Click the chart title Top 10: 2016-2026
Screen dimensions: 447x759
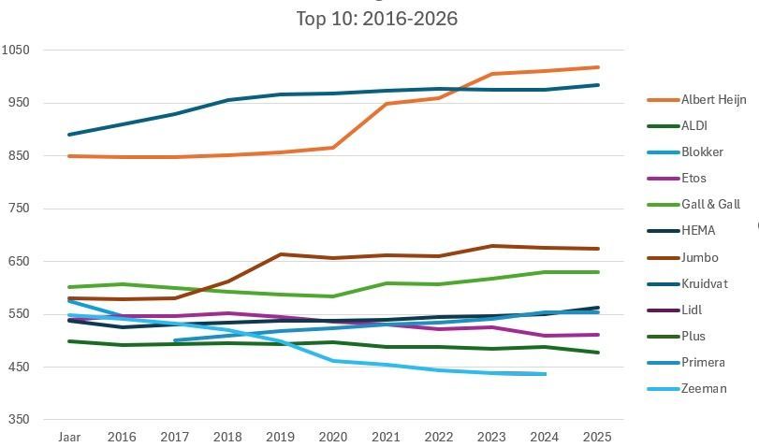376,19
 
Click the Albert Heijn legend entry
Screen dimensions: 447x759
713,100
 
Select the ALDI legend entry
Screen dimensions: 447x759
694,126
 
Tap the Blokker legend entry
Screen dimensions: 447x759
702,152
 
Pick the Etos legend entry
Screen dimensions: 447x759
693,179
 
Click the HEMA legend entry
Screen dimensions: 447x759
697,231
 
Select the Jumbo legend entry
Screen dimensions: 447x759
698,257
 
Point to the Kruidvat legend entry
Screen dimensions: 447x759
703,283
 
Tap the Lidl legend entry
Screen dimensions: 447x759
691,310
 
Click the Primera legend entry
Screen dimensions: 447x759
703,362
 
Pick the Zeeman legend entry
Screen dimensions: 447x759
704,388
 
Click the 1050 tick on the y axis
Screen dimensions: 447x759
16,50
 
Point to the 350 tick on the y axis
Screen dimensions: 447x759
19,420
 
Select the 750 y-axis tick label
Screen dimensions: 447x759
19,209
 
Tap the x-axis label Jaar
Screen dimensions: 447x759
69,437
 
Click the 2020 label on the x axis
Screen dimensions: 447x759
332,437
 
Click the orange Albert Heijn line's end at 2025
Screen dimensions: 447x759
598,67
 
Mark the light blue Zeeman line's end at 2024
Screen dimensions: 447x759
545,374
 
